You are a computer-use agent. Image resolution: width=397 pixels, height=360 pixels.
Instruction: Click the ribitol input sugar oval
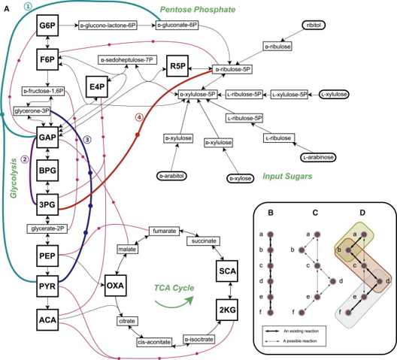coord(311,25)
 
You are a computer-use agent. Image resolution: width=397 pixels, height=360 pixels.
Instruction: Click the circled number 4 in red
coord(137,116)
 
